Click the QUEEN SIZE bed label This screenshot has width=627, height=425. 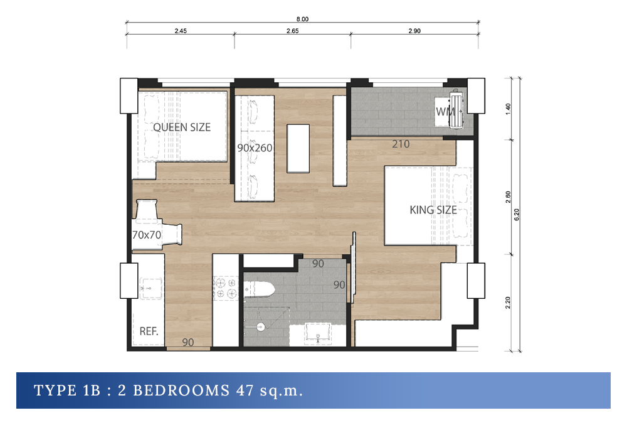(x=182, y=127)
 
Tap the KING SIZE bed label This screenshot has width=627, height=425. (x=433, y=210)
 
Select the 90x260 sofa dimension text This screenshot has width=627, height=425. (x=255, y=148)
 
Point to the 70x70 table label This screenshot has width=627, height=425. (x=147, y=235)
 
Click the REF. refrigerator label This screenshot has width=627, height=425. (x=149, y=331)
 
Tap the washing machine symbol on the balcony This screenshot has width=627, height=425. (x=456, y=109)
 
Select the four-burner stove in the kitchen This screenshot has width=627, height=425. (x=226, y=288)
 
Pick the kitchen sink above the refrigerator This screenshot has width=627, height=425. (x=150, y=289)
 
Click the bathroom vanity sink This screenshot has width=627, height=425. (x=318, y=334)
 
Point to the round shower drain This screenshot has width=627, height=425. (x=260, y=326)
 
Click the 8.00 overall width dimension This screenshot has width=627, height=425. (x=302, y=19)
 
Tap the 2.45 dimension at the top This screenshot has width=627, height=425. (x=181, y=31)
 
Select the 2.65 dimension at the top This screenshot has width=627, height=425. (x=292, y=31)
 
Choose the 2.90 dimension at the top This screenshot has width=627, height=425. (x=414, y=31)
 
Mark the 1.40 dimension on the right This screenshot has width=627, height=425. (x=508, y=109)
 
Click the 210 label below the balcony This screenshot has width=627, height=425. (x=401, y=144)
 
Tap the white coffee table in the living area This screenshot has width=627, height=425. (x=298, y=149)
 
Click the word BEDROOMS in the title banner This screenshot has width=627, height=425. (x=181, y=390)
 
